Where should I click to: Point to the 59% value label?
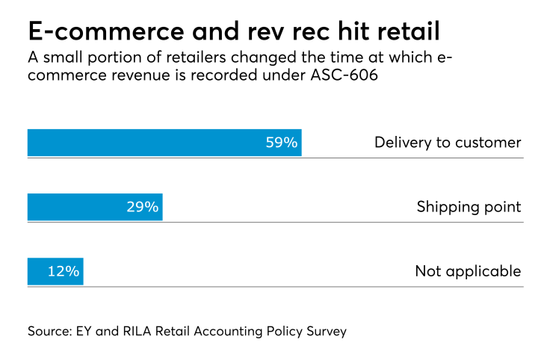(282, 143)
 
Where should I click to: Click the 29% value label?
(142, 207)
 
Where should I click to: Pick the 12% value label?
(63, 271)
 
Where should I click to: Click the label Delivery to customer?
(447, 143)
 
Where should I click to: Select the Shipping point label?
(469, 207)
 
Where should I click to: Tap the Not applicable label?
(468, 271)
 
